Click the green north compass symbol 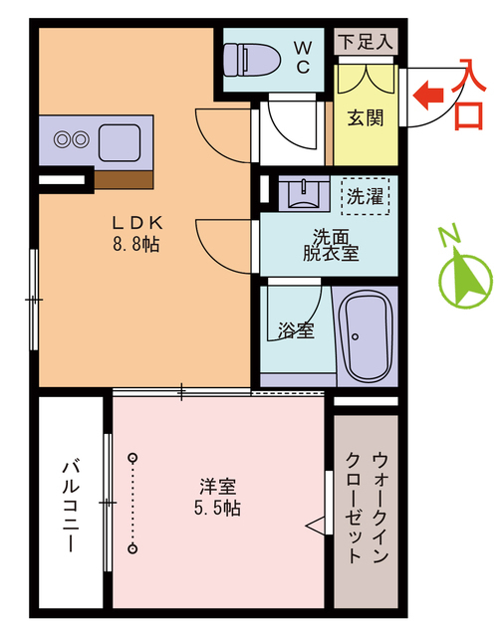462,274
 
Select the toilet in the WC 245,60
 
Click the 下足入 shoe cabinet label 367,42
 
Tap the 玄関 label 366,117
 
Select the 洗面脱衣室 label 330,245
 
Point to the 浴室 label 296,329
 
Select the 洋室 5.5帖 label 218,497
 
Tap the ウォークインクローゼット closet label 367,509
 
